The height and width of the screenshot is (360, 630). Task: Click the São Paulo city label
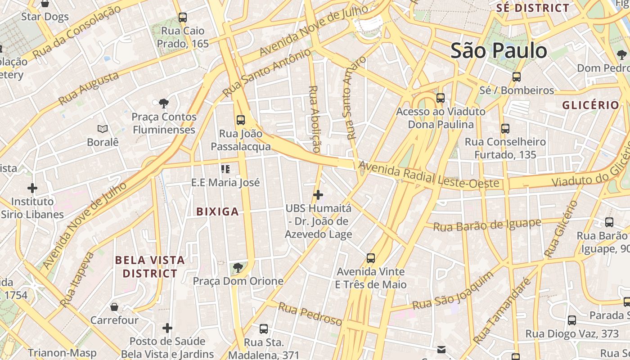(499, 50)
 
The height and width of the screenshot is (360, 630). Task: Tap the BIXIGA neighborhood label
(217, 211)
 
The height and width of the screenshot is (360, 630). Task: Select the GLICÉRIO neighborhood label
(590, 105)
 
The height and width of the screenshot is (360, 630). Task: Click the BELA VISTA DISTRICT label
(150, 266)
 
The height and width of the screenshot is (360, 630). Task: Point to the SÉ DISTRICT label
(533, 8)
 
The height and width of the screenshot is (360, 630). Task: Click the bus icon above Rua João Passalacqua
(241, 120)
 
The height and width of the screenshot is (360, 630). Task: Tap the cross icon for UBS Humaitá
(318, 195)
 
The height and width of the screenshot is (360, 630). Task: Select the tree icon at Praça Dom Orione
(238, 268)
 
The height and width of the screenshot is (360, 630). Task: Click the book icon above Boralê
(103, 129)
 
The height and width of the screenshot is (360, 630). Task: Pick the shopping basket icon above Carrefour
(114, 307)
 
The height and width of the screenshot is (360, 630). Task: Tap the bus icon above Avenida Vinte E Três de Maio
(371, 258)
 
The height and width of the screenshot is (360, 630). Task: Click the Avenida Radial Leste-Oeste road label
(429, 175)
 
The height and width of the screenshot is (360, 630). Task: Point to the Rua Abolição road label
(314, 119)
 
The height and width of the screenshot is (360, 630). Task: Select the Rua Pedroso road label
(310, 314)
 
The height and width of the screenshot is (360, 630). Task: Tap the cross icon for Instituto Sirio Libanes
(32, 188)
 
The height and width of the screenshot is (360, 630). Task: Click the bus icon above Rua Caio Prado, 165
(182, 18)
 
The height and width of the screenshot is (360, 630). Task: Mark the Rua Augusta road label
(89, 88)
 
